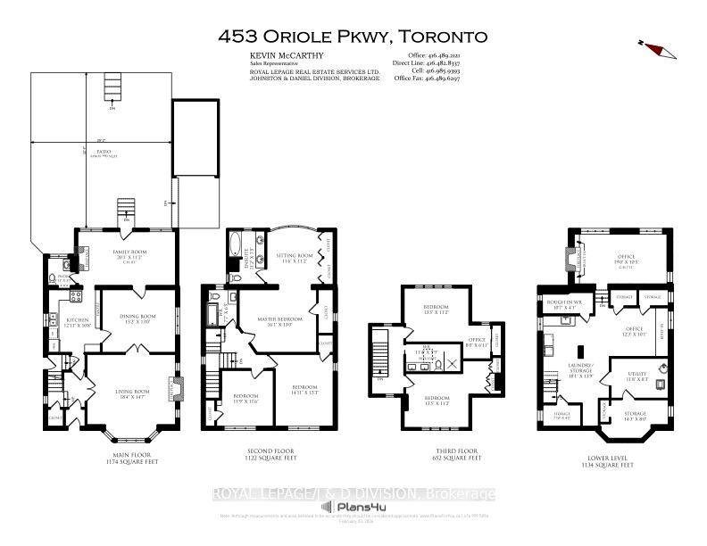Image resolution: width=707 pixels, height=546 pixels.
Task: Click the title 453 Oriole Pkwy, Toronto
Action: (x=353, y=37)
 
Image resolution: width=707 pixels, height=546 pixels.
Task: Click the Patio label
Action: (x=104, y=151)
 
